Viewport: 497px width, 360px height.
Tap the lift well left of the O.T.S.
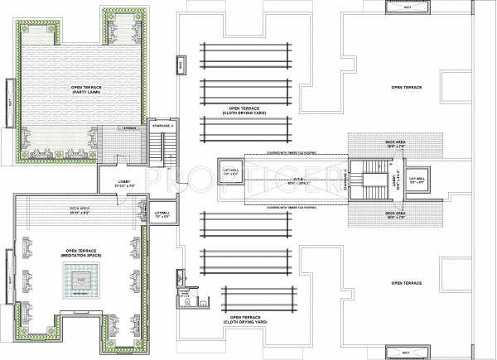tap(229, 172)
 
